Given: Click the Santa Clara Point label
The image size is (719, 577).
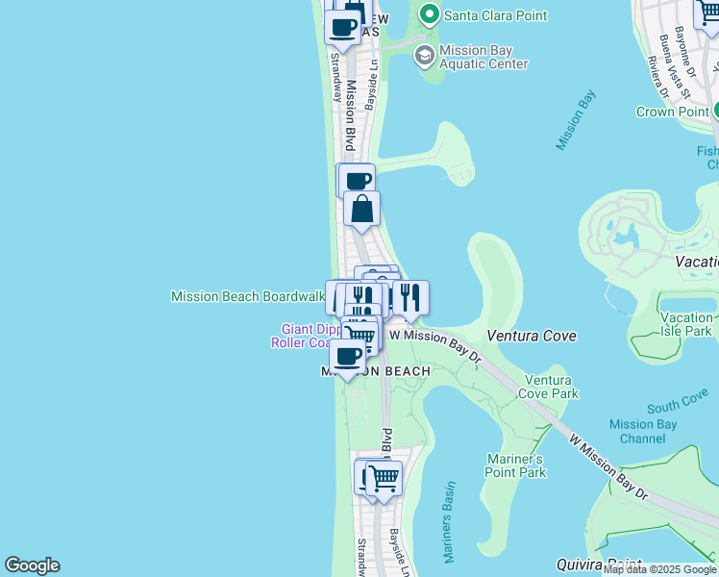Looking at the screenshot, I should [494, 15].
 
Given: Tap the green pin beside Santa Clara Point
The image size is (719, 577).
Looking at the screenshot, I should [429, 14].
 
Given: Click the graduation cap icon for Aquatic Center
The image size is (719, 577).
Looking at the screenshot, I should [424, 56].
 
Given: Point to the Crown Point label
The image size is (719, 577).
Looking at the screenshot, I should [672, 112].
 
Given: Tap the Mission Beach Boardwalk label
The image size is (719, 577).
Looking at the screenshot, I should [247, 296].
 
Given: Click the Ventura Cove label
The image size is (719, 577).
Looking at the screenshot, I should [532, 336].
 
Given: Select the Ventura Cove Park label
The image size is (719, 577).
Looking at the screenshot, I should [549, 387].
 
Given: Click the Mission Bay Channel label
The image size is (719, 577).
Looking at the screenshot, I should [643, 431].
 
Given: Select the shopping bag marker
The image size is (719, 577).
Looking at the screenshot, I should [361, 209].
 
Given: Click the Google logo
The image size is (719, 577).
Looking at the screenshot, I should [32, 565].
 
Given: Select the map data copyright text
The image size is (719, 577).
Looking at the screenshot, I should [660, 569].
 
